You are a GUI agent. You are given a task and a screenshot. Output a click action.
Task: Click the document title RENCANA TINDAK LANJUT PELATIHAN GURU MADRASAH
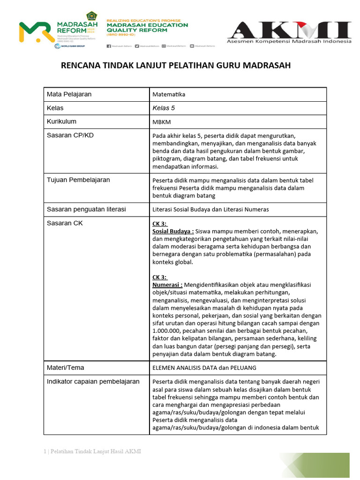click(176, 65)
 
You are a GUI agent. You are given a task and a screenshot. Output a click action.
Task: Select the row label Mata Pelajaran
click(69, 94)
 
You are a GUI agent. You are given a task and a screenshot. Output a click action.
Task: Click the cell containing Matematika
click(169, 94)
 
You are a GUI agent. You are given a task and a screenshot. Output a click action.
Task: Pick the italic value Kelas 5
click(164, 108)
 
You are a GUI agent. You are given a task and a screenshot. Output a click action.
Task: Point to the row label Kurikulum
click(61, 121)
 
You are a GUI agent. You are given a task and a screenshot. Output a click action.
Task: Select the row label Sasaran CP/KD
click(70, 135)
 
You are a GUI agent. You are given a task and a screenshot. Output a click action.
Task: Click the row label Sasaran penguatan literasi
click(86, 209)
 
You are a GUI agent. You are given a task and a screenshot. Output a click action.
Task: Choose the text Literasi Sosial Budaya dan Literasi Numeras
click(210, 210)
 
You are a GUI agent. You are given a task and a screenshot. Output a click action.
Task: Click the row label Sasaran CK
click(65, 223)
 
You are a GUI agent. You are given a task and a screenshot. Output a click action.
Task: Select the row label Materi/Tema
click(65, 367)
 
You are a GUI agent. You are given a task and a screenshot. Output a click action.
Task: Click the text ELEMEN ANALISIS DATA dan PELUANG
click(204, 368)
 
